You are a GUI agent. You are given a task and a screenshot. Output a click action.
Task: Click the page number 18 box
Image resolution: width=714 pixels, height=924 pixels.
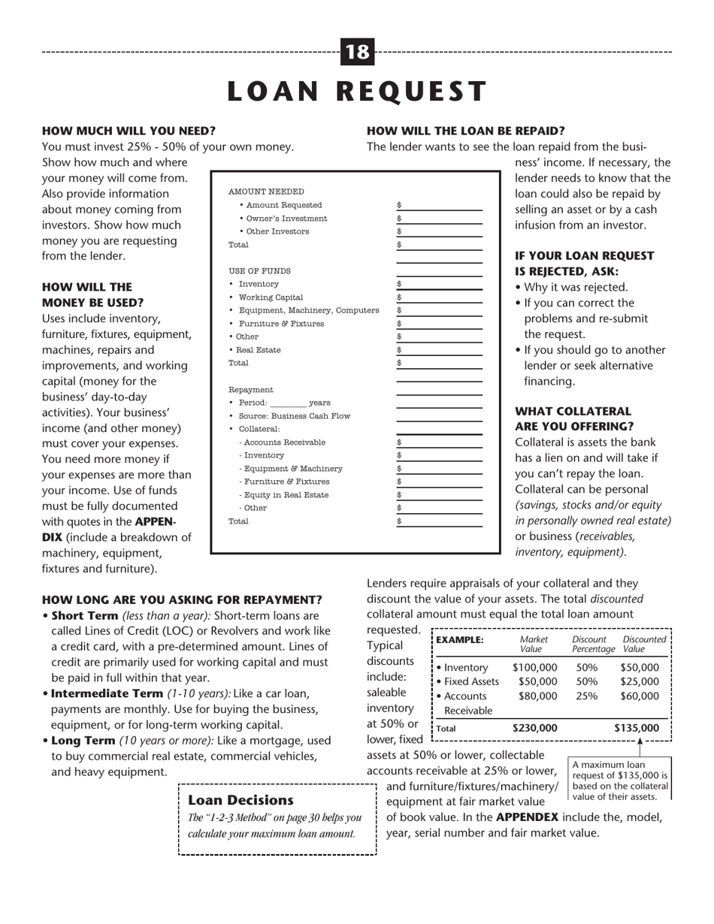tap(358, 52)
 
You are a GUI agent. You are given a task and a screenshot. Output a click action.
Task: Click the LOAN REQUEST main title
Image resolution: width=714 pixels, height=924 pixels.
tap(357, 91)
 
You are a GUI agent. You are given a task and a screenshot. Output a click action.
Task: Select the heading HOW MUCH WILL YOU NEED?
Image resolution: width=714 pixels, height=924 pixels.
tap(129, 130)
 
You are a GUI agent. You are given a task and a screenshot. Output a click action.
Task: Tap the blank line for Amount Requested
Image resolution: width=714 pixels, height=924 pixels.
tap(440, 205)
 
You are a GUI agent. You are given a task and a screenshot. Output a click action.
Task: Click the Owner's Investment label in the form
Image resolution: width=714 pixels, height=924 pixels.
tap(283, 219)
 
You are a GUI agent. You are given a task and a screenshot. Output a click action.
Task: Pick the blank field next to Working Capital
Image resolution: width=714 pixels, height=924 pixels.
tap(440, 297)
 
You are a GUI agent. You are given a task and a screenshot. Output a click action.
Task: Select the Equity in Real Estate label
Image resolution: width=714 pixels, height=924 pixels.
tap(285, 495)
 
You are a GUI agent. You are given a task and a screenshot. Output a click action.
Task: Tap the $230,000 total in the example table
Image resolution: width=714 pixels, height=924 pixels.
tap(534, 727)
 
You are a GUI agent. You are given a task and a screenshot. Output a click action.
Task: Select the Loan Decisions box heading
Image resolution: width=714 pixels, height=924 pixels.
tap(241, 800)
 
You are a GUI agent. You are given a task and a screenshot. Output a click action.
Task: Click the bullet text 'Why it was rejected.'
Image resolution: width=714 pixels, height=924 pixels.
tap(571, 287)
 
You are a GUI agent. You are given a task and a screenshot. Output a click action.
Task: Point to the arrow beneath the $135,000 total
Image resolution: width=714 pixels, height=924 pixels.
tap(639, 742)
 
